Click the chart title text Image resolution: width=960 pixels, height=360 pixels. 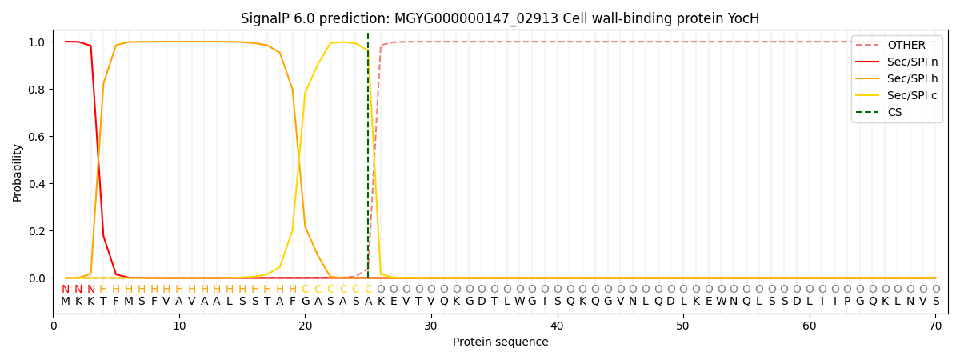[500, 18]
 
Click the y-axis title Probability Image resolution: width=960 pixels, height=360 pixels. [18, 173]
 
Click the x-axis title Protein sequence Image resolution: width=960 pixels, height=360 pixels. [500, 342]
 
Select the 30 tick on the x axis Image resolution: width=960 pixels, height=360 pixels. [431, 326]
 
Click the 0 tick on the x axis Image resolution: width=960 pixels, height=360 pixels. [54, 326]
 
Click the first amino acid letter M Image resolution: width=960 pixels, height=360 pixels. [66, 302]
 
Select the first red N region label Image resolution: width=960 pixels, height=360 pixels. [66, 290]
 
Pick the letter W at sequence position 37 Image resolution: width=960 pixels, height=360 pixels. [519, 302]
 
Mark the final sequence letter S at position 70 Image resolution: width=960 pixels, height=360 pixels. [935, 302]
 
